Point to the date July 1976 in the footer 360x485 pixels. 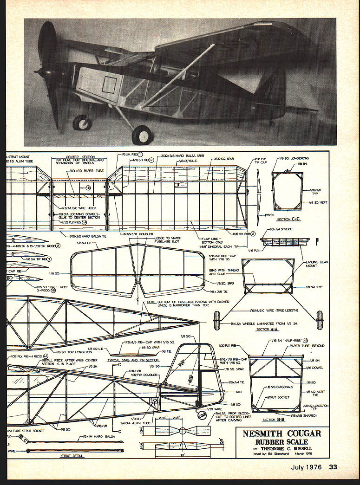[x=309, y=467]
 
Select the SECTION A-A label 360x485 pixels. [x=268, y=330]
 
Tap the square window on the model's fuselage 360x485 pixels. [x=109, y=85]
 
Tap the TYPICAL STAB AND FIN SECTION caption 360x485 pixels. [x=133, y=360]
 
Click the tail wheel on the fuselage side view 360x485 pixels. [x=202, y=414]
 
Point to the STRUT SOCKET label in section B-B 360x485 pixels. [x=278, y=398]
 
